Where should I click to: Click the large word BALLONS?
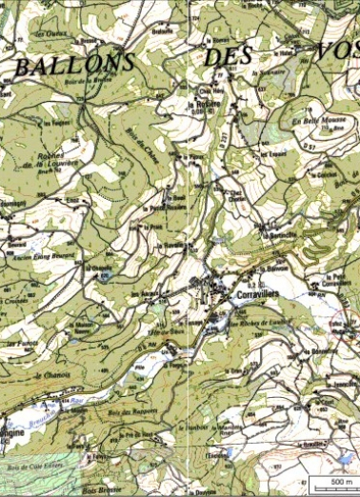click(x=72, y=64)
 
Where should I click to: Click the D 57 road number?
click(x=309, y=146)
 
